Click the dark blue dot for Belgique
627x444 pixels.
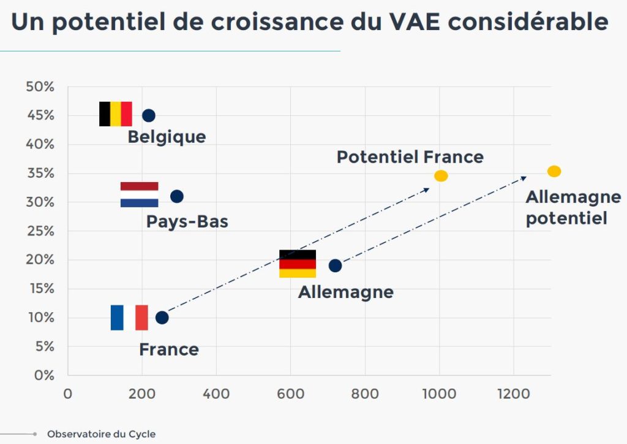pyautogui.click(x=148, y=115)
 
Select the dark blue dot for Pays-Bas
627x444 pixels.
pyautogui.click(x=176, y=196)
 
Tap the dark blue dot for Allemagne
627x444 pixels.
pyautogui.click(x=335, y=266)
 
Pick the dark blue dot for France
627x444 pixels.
pyautogui.click(x=162, y=318)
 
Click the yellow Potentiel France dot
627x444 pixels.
pyautogui.click(x=441, y=176)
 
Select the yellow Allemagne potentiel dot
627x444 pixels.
pyautogui.click(x=554, y=171)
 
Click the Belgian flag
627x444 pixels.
pyautogui.click(x=116, y=114)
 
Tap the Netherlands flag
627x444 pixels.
pyautogui.click(x=139, y=194)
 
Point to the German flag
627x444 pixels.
pyautogui.click(x=298, y=264)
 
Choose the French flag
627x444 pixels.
pyautogui.click(x=129, y=317)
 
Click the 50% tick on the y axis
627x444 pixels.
pyautogui.click(x=40, y=87)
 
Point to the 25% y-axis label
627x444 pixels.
pyautogui.click(x=40, y=231)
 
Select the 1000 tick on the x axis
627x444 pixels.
pyautogui.click(x=439, y=394)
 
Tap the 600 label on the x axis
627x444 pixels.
pyautogui.click(x=290, y=394)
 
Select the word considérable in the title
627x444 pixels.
pyautogui.click(x=530, y=22)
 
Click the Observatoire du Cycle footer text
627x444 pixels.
pyautogui.click(x=101, y=434)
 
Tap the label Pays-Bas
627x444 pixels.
pyautogui.click(x=187, y=221)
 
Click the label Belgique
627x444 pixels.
pyautogui.click(x=167, y=137)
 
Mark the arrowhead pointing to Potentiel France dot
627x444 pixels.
pyautogui.click(x=427, y=189)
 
